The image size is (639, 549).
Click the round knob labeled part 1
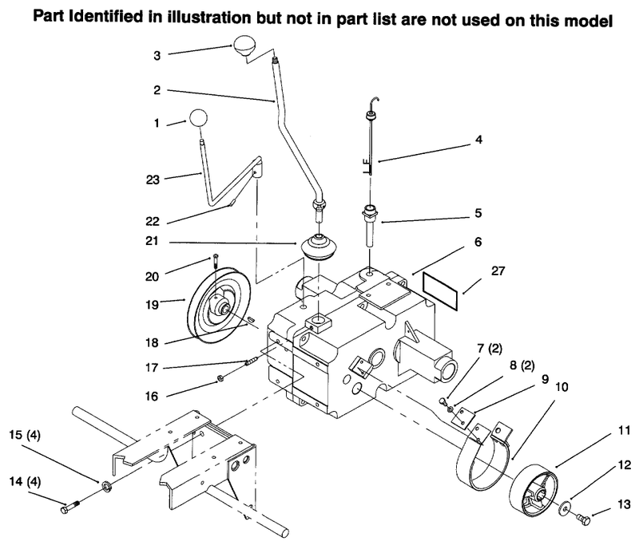tap(197, 119)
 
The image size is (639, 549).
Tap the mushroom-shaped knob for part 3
tap(248, 47)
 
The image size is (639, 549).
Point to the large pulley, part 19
tap(219, 305)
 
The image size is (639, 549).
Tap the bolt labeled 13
tap(583, 519)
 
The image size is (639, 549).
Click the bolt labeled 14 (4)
tap(69, 507)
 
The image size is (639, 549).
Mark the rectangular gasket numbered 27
tap(440, 290)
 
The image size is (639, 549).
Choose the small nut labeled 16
tap(219, 379)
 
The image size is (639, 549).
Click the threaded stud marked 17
tap(251, 361)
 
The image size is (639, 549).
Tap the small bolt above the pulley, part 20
tap(216, 261)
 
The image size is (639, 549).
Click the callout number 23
tap(153, 180)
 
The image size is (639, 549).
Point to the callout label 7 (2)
tap(490, 348)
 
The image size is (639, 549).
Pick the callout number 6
tap(478, 242)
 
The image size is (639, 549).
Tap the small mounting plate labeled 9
tap(464, 417)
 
